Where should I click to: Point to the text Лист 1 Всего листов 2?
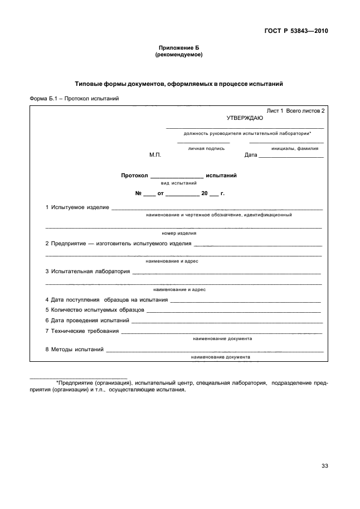[295, 111]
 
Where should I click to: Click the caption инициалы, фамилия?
[295, 148]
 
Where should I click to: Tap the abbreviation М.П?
[155, 155]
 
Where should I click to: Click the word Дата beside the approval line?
[251, 155]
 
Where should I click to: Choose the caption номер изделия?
[178, 233]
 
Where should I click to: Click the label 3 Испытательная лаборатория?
[87, 272]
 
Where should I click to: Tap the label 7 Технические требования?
[82, 331]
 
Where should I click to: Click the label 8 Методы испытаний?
[75, 350]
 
